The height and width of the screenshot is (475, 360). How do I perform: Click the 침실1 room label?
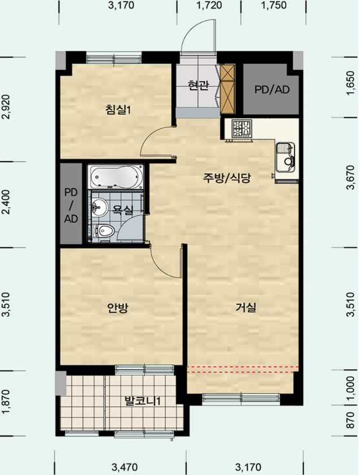[x=118, y=109]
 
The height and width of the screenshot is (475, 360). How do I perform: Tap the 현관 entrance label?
[x=198, y=85]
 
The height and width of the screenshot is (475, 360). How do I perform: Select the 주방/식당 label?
[x=227, y=178]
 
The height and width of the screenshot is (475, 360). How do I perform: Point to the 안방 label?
[x=118, y=308]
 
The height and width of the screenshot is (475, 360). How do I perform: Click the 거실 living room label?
[x=246, y=308]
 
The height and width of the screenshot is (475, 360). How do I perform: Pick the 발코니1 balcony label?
[x=143, y=401]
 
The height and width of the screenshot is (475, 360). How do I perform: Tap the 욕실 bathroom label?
[x=123, y=210]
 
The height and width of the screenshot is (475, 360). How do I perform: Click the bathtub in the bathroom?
[x=116, y=176]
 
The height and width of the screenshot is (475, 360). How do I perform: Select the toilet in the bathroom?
[x=104, y=231]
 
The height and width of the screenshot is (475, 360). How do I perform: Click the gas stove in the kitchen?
[x=242, y=129]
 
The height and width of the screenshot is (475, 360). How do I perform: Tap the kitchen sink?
[x=285, y=157]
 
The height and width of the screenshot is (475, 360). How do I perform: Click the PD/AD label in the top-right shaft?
[x=272, y=89]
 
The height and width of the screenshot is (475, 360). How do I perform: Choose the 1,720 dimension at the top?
[x=209, y=5]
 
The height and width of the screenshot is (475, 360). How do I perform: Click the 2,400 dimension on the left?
[x=6, y=202]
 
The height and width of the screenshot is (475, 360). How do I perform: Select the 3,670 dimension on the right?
[x=350, y=177]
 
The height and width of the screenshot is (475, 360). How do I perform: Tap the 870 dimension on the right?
[x=350, y=420]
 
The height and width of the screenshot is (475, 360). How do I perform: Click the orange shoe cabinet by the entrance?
[x=228, y=89]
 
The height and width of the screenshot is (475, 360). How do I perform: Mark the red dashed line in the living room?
[x=243, y=369]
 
